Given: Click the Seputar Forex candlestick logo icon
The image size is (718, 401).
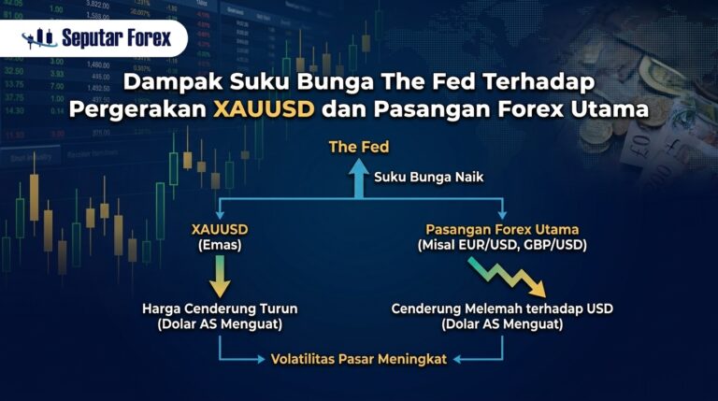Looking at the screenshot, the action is coord(39,38).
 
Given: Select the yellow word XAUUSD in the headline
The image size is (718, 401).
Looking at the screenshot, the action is coord(264,109).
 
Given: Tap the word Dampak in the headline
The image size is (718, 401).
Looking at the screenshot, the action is coord(173,82).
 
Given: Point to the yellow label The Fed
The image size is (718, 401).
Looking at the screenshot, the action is coord(359,147).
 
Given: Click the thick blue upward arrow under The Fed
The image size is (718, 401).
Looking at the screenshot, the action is coord(359,179).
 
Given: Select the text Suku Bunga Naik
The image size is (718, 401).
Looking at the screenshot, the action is coord(428,178).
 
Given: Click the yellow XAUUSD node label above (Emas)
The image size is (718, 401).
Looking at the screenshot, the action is coord(220,229).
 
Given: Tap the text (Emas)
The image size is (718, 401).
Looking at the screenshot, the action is coord(220,245).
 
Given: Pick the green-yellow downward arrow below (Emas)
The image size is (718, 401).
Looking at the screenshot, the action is coord(220,276).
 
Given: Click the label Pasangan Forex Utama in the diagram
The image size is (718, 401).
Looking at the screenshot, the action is coord(502,229).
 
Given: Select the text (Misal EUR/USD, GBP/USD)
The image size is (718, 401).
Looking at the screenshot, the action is coord(502,245).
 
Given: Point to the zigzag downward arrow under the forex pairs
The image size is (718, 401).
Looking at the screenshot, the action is coord(507,278).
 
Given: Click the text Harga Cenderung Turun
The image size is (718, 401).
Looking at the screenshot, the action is coord(220,308).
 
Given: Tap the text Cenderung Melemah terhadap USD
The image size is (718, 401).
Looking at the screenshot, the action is coord(502,308).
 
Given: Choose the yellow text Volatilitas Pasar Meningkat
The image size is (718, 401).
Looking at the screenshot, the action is coord(359,359).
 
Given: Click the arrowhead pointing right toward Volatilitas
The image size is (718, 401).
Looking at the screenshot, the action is coord(262,359).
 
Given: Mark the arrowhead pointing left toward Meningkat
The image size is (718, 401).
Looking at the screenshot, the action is coord(457,359).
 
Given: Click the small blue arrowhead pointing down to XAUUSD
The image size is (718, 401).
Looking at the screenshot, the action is coord(220,215).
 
